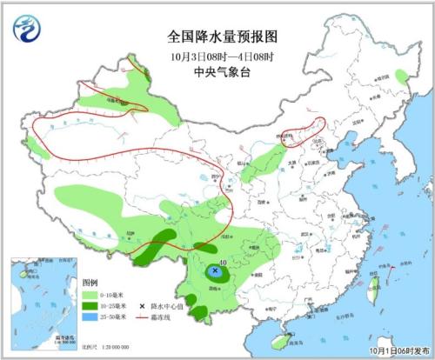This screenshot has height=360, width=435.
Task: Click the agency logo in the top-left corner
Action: [26, 31]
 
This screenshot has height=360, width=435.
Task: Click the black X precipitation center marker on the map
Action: [215, 271]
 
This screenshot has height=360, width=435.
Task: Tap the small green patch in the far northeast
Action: [402, 77]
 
